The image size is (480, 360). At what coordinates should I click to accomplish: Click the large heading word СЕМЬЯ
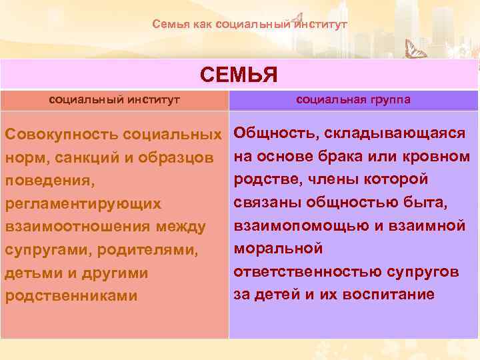pyautogui.click(x=239, y=75)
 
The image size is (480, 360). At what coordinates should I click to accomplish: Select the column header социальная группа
pyautogui.click(x=353, y=100)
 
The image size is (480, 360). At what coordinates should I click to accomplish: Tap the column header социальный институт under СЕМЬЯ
pyautogui.click(x=115, y=100)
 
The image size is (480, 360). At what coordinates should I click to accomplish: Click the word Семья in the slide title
pyautogui.click(x=167, y=25)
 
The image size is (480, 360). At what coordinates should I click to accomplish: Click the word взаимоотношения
pyautogui.click(x=78, y=227)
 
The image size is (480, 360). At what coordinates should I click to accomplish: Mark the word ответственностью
pyautogui.click(x=308, y=271)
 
